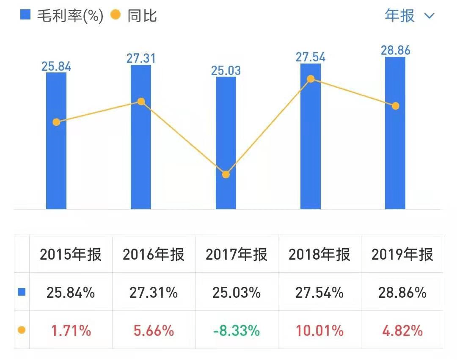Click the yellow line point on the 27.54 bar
click(x=311, y=79)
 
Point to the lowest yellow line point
click(x=226, y=174)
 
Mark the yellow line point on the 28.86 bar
click(x=395, y=106)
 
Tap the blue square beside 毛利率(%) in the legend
click(x=26, y=15)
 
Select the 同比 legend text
click(x=142, y=16)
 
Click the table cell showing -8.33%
click(x=237, y=330)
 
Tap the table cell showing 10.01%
click(x=319, y=330)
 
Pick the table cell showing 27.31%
click(x=154, y=292)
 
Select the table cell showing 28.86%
click(x=402, y=292)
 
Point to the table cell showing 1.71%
click(x=71, y=330)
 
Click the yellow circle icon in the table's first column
click(x=22, y=330)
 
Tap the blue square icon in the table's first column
click(x=22, y=292)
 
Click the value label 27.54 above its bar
click(x=311, y=57)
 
